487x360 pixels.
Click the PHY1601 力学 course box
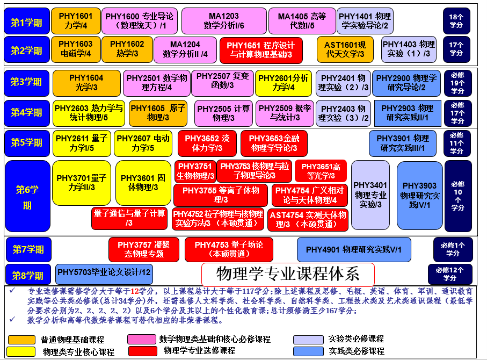coord(76,21)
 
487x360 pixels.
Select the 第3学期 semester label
coord(27,82)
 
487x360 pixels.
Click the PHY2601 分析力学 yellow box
coord(283,83)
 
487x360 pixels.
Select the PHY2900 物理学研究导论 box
coord(406,83)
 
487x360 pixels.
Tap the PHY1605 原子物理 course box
coord(158,113)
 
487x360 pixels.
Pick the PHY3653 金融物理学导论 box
coord(274,143)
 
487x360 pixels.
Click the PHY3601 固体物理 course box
coord(143,183)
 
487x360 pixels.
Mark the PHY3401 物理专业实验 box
coord(370,195)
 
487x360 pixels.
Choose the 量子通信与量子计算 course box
coord(129,218)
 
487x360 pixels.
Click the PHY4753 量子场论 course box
coord(229,249)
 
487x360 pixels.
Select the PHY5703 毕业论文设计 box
coord(104,273)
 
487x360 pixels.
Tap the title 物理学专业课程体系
coord(288,274)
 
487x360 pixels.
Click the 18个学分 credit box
coord(456,21)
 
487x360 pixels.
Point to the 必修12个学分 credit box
coord(449,274)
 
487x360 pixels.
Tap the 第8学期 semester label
coord(28,276)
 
